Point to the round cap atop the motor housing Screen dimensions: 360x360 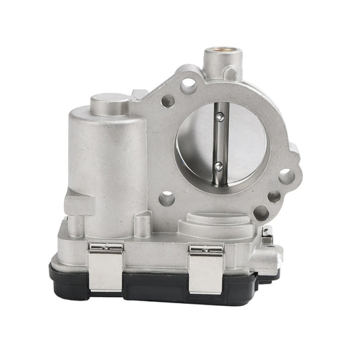(110, 105)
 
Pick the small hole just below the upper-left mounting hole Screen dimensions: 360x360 (168, 102)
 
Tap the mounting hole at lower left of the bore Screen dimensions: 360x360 (166, 199)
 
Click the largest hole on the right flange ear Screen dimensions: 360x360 (286, 177)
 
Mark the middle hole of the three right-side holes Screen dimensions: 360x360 (273, 197)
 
